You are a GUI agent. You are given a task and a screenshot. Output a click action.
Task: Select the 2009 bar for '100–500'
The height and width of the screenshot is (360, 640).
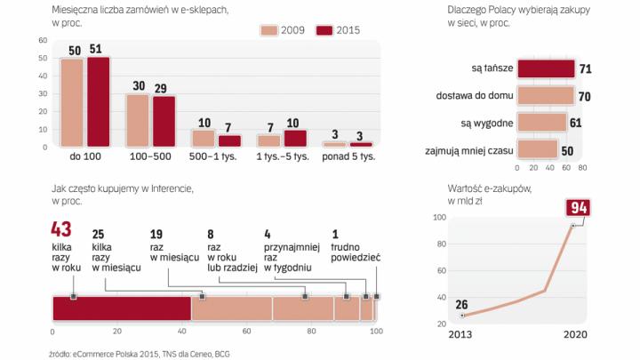[x=138, y=120]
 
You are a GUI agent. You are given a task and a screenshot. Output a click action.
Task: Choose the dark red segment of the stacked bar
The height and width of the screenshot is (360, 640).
[x=122, y=308]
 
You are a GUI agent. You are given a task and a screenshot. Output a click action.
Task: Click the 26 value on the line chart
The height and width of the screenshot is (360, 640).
[x=462, y=305]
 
